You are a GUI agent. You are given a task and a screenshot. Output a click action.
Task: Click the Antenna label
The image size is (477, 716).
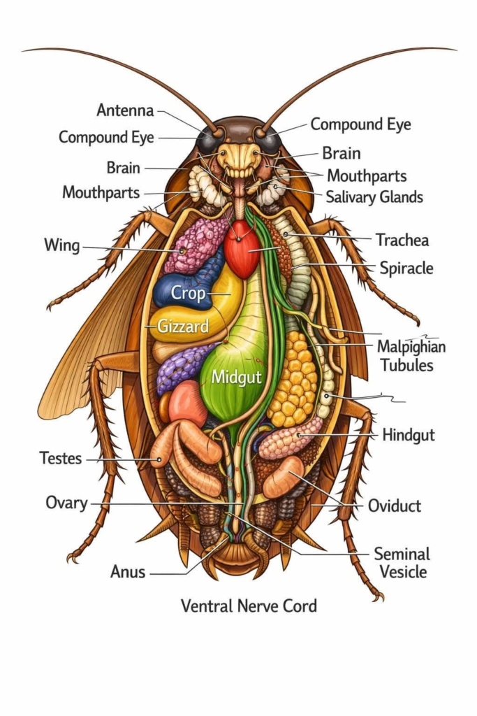tap(126, 110)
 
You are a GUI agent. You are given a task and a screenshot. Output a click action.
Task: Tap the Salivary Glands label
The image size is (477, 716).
tap(374, 196)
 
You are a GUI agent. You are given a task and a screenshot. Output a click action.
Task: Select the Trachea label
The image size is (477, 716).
tap(402, 240)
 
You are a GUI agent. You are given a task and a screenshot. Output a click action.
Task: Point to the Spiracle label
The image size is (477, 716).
tap(406, 268)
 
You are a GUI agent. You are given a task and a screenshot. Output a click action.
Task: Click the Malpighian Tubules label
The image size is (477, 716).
tap(411, 356)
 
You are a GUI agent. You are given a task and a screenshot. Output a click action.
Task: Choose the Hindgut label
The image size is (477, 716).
tap(409, 435)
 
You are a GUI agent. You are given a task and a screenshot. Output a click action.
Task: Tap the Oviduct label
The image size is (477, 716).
tap(395, 506)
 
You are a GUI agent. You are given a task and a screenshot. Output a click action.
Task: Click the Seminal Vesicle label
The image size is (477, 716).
tap(402, 563)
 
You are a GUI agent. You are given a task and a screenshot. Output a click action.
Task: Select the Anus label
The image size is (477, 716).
tap(128, 571)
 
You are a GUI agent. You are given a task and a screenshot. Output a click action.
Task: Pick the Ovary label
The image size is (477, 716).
tap(66, 503)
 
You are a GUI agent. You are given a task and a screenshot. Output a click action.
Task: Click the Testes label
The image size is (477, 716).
tap(61, 457)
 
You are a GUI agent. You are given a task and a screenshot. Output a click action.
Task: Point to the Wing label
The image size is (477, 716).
tap(62, 245)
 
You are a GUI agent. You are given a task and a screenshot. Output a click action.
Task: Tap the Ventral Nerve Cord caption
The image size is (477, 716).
tap(249, 606)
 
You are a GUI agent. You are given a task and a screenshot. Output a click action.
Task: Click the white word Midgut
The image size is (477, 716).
tap(237, 377)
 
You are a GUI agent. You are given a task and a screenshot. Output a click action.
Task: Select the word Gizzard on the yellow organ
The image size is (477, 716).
tap(183, 326)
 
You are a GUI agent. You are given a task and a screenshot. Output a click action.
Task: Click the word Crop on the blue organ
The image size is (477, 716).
tap(189, 293)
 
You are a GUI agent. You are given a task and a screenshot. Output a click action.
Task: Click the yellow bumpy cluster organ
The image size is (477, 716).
tap(293, 380)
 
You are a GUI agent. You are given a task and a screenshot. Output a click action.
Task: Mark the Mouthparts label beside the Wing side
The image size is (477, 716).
tap(101, 193)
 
